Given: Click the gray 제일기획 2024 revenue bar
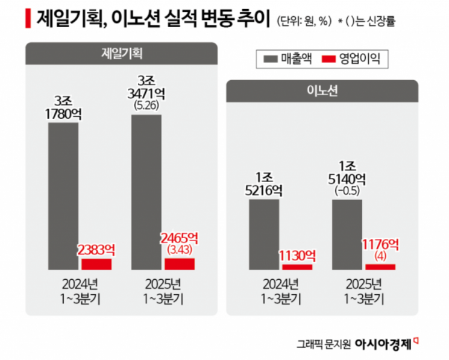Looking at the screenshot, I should (x=63, y=196).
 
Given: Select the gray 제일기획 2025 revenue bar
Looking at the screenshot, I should (x=146, y=192).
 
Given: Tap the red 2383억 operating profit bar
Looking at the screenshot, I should (x=96, y=264).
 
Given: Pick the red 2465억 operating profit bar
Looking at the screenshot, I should (x=180, y=264).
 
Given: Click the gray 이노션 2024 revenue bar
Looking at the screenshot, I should (x=264, y=234).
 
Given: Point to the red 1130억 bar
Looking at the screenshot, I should (x=298, y=266).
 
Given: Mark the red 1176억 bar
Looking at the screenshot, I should (x=380, y=266).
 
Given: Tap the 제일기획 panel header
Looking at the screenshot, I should (x=121, y=54).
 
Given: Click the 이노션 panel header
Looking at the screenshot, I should (x=321, y=91).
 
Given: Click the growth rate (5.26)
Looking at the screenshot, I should (x=146, y=105).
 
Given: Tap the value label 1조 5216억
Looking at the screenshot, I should (x=264, y=184).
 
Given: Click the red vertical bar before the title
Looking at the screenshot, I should (x=28, y=19).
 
